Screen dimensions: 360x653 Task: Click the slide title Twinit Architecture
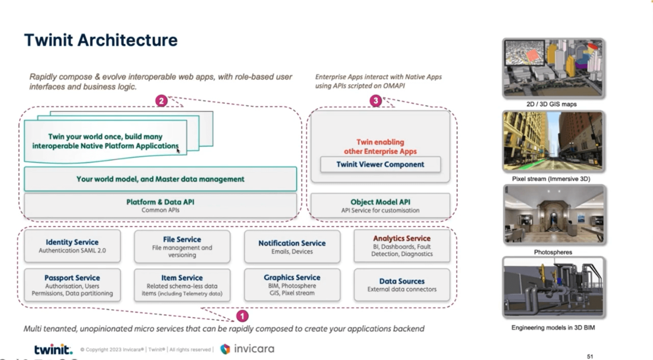coord(101,40)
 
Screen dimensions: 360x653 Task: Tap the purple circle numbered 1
coord(242,316)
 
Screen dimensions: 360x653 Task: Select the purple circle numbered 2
coord(161,101)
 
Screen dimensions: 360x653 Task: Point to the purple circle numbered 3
coord(376,101)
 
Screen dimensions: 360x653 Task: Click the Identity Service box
coord(72,246)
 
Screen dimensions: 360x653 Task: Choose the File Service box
coord(182,247)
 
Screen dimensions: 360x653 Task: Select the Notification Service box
coord(292,246)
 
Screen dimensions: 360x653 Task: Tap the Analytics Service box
coord(402,246)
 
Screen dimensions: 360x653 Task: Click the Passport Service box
coord(72,285)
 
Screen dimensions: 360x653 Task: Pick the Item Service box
coord(182,285)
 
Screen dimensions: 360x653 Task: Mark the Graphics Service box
coord(292,285)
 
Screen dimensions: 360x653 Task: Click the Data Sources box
coord(402,284)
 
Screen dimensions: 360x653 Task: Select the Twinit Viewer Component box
coord(380,165)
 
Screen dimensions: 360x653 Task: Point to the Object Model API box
coord(380,205)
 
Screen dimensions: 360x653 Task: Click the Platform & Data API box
coord(160,205)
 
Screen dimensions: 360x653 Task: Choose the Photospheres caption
coord(553,251)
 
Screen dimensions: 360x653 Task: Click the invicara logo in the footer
coord(247,349)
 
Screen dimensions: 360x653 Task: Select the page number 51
coord(589,356)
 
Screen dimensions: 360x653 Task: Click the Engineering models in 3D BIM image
coord(553,288)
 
